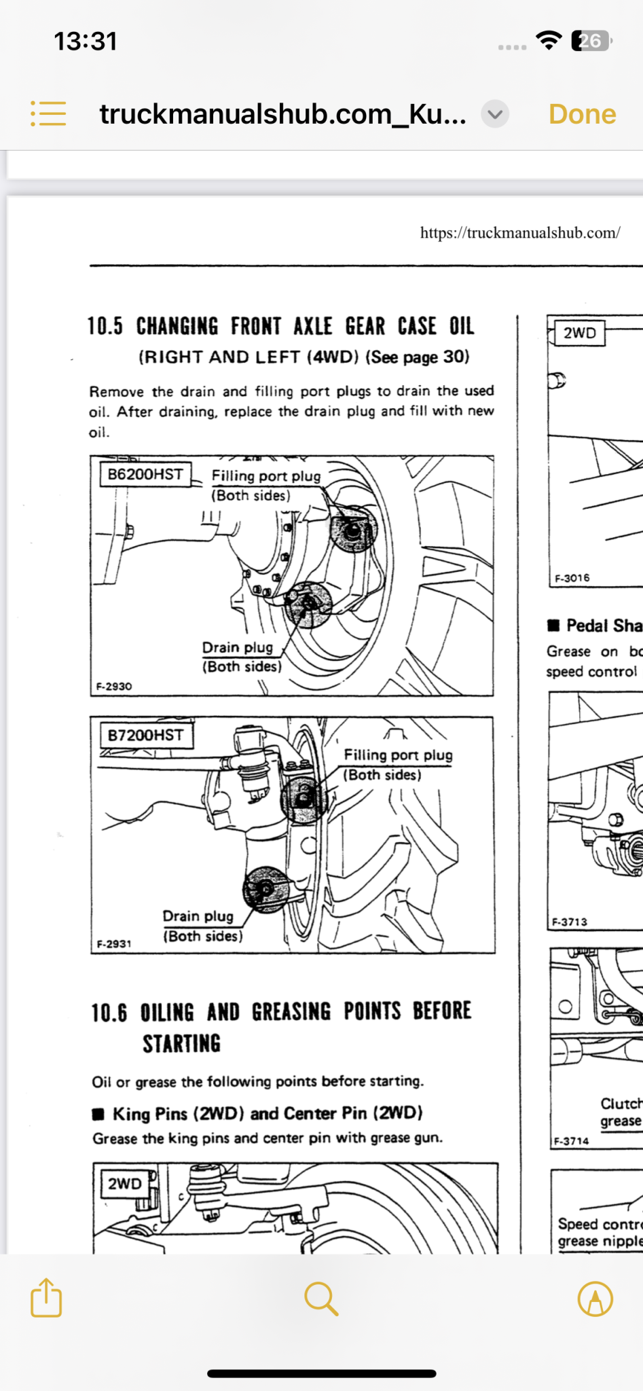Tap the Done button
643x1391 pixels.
(582, 114)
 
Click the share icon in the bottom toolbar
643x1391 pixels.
(46, 1298)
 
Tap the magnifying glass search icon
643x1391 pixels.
(321, 1298)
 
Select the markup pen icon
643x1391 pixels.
(595, 1299)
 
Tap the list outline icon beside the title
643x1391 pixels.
(48, 113)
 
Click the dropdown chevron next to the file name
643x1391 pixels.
(495, 114)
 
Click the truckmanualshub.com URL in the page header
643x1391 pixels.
(519, 233)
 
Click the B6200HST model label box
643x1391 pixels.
(145, 474)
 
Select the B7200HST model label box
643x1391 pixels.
(145, 735)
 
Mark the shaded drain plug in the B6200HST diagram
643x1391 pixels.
(308, 604)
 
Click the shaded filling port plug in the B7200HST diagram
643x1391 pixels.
(304, 799)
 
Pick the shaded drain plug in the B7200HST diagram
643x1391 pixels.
(265, 888)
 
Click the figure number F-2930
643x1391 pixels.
(114, 686)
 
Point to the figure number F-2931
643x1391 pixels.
(114, 943)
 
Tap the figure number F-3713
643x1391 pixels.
(569, 922)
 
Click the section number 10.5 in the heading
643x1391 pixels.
(105, 327)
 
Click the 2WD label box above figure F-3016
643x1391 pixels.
(579, 333)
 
